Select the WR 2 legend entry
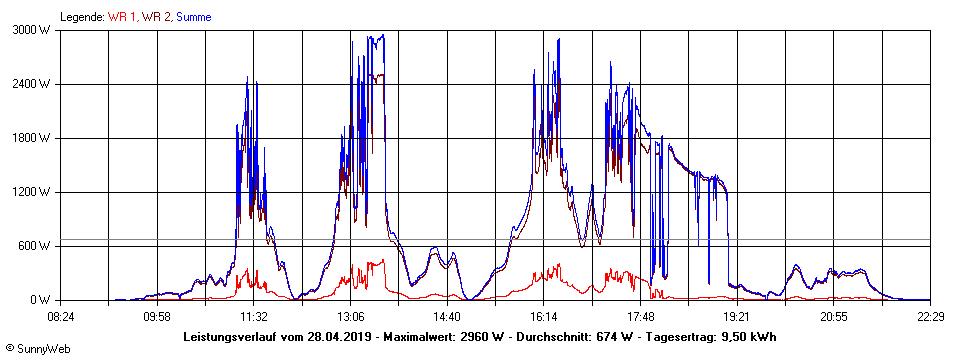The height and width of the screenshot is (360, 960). point(156,17)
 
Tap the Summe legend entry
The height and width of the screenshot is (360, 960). point(193,17)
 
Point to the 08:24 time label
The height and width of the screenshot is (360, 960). point(61,316)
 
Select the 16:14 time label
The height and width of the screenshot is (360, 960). point(544,316)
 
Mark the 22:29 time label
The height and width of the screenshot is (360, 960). point(930,316)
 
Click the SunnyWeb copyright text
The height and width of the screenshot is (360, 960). point(36,350)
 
